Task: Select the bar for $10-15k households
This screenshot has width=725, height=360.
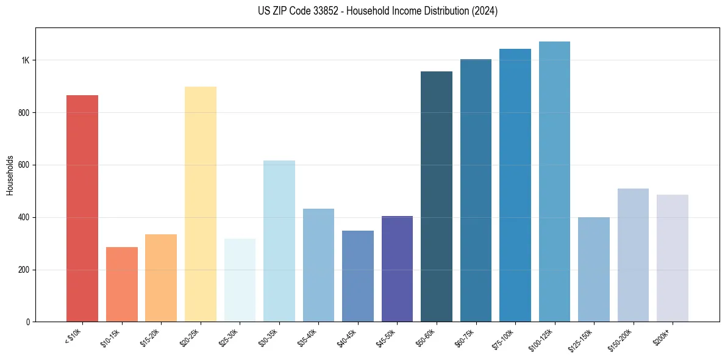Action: [121, 284]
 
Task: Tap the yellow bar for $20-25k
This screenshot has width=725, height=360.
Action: [200, 204]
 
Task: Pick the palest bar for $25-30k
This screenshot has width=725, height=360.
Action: [240, 280]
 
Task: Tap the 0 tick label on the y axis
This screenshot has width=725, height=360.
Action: [27, 322]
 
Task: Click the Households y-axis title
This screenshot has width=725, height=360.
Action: [10, 175]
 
